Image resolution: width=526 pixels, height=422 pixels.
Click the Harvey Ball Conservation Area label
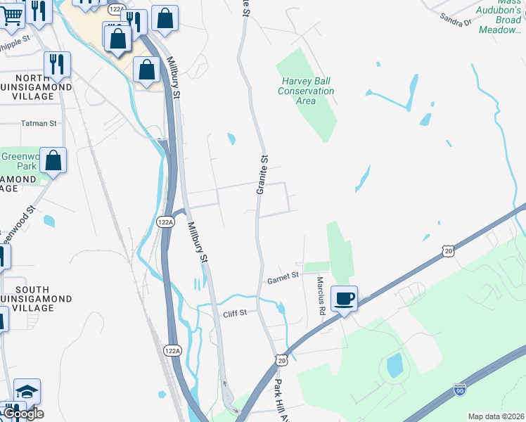pyautogui.click(x=305, y=91)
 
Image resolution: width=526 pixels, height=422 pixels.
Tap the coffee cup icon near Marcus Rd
pyautogui.click(x=344, y=298)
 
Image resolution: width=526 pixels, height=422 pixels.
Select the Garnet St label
pyautogui.click(x=283, y=280)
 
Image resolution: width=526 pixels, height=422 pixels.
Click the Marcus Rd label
pyautogui.click(x=321, y=294)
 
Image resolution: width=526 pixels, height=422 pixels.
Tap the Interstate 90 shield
pyautogui.click(x=459, y=389)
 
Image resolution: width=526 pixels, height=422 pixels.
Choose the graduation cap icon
pyautogui.click(x=27, y=392)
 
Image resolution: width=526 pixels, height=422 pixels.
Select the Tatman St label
pyautogui.click(x=39, y=123)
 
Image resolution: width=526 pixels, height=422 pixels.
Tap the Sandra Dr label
pyautogui.click(x=455, y=19)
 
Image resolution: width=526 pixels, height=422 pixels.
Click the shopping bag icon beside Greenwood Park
pyautogui.click(x=53, y=161)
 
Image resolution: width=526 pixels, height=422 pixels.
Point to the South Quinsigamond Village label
pyautogui.click(x=33, y=294)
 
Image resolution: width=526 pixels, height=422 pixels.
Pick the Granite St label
pyautogui.click(x=262, y=175)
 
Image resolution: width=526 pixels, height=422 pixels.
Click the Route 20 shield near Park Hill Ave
pyautogui.click(x=282, y=360)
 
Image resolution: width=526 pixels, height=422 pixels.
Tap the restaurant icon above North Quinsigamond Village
pyautogui.click(x=56, y=64)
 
